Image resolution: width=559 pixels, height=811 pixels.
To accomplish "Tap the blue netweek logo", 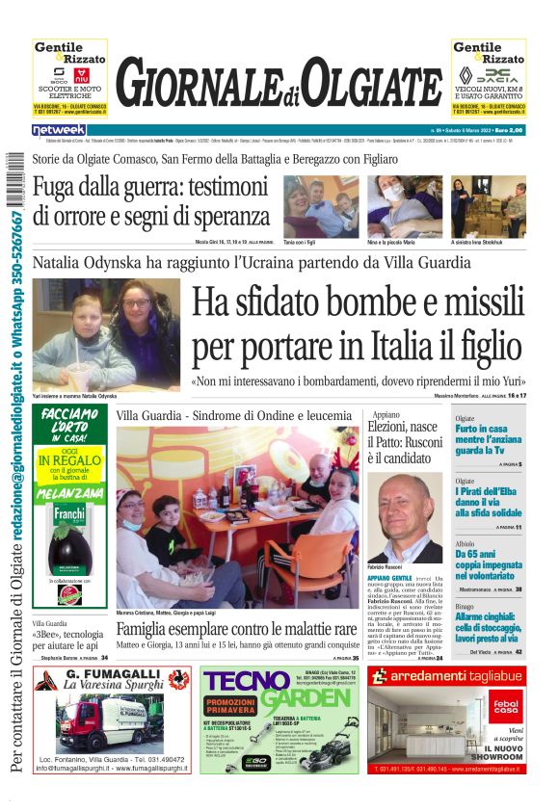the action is [x=59, y=129].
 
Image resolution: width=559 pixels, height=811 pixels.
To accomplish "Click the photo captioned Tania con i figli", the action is [x=321, y=206].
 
